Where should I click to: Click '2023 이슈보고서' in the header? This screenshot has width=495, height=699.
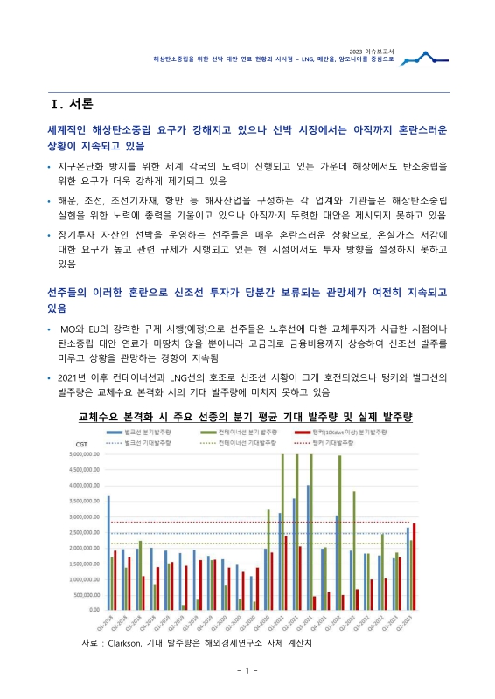[x=372, y=52]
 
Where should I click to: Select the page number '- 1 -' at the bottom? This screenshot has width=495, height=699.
[x=247, y=670]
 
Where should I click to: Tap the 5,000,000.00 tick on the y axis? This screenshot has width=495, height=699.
[x=84, y=454]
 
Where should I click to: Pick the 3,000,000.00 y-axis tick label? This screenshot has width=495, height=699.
[x=84, y=516]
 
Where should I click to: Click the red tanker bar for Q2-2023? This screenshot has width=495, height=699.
[x=414, y=566]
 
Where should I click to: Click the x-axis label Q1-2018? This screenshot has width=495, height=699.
[x=105, y=625]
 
